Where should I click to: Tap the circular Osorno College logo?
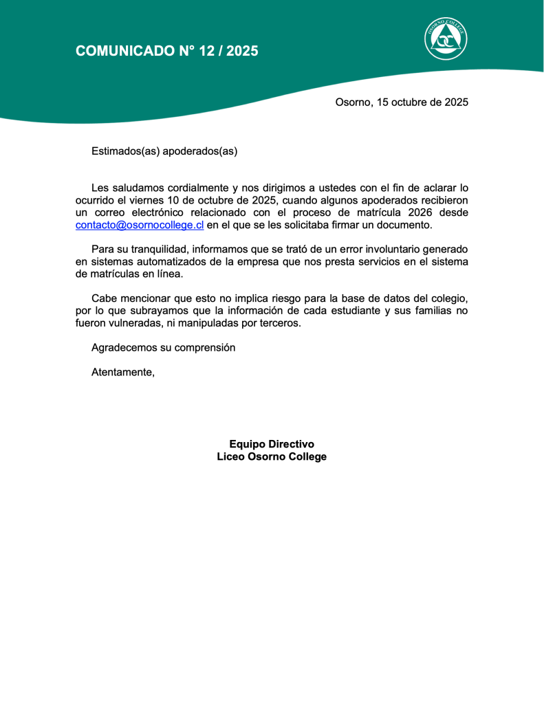coord(446,38)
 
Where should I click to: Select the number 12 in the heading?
coord(206,50)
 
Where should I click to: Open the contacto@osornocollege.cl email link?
coord(139,225)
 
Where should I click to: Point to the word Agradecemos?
coord(124,348)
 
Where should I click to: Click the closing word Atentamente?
coord(122,373)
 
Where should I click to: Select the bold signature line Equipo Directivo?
coord(272,444)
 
